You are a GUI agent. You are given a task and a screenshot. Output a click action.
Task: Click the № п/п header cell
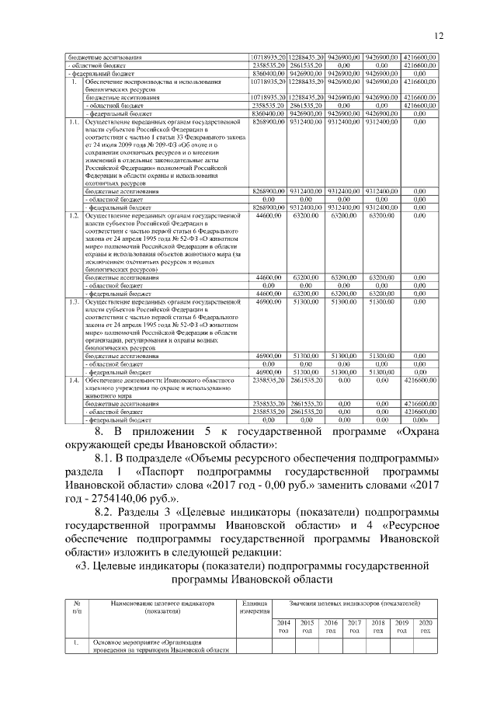(76, 607)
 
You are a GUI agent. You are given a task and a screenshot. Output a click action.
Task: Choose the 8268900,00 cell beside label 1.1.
(268, 123)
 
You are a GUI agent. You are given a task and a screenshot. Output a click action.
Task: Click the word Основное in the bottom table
(109, 642)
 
